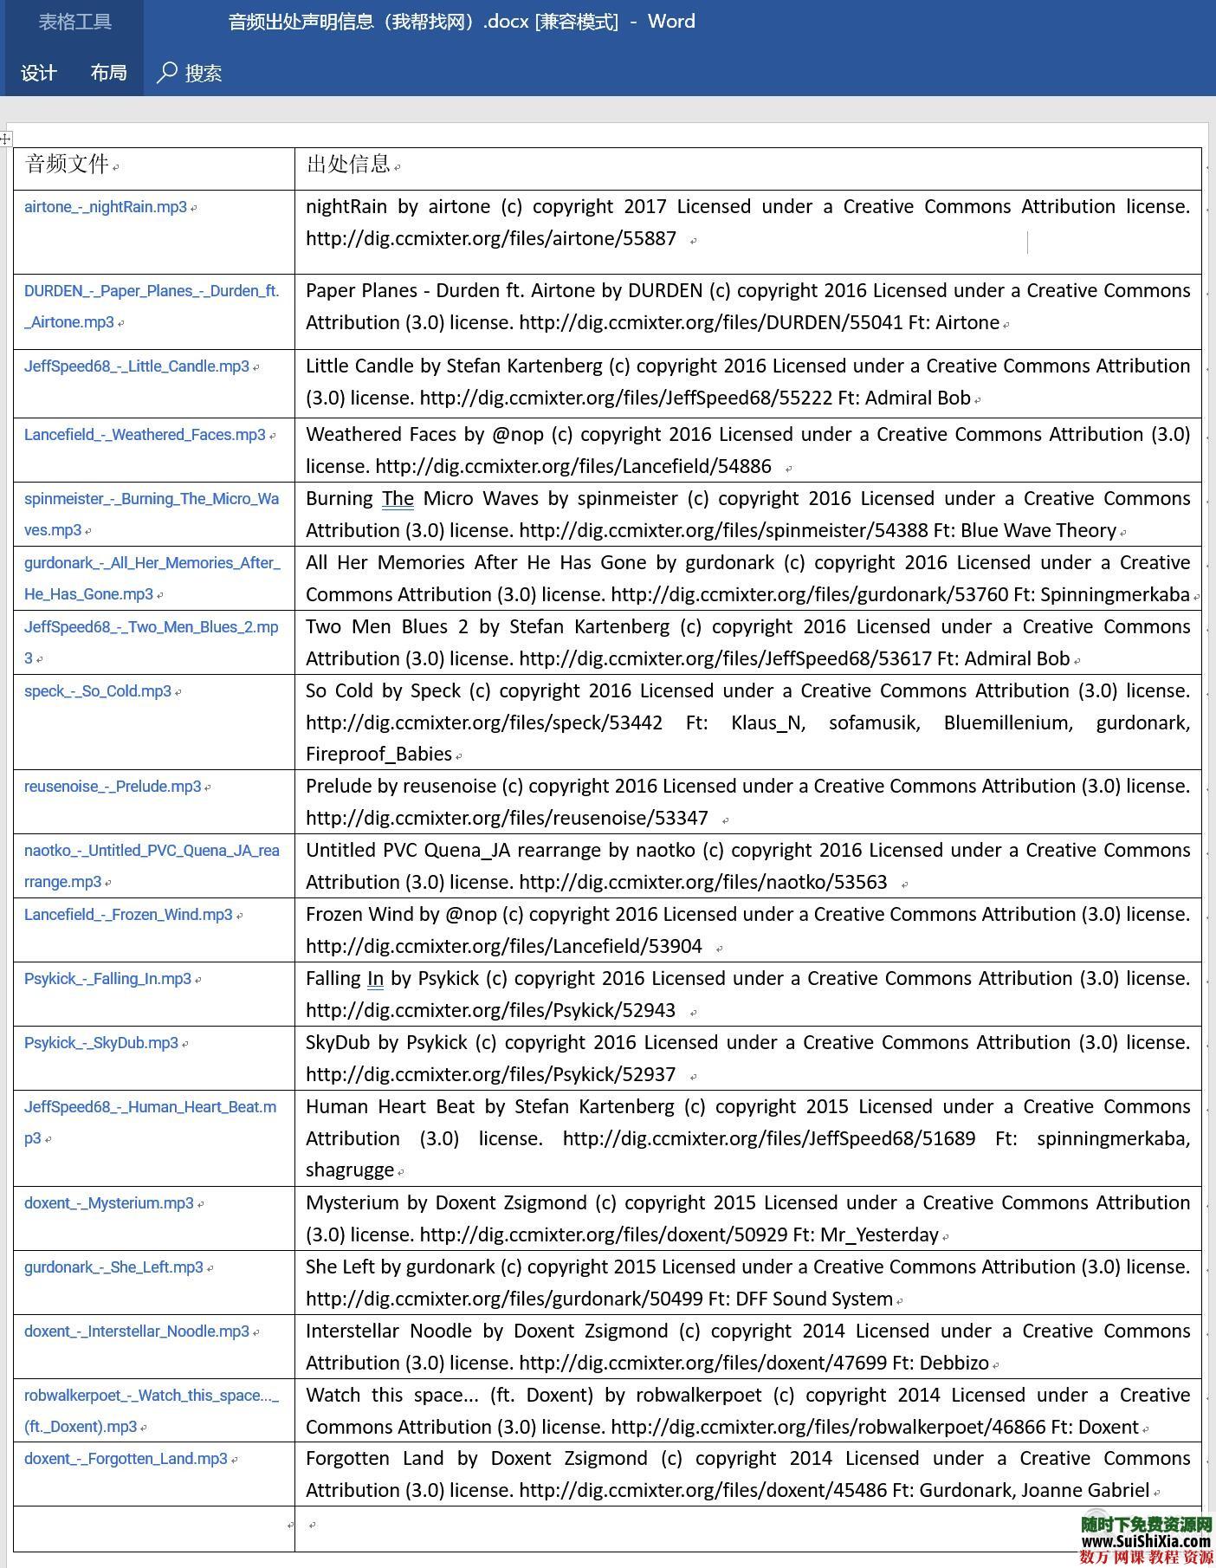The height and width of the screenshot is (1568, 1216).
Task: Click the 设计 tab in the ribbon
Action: point(39,73)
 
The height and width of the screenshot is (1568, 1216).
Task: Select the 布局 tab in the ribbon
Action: point(109,73)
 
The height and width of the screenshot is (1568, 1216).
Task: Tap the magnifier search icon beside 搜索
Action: point(166,73)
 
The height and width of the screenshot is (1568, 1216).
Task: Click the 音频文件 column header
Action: point(68,164)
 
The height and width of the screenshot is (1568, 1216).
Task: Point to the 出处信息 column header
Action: point(348,164)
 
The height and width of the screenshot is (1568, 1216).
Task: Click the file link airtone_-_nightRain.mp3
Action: point(106,207)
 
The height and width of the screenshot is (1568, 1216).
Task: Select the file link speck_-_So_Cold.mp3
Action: point(98,691)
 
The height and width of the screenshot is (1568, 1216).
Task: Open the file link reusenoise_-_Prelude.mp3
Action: point(113,787)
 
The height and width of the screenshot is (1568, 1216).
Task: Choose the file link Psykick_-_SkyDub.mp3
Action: point(101,1043)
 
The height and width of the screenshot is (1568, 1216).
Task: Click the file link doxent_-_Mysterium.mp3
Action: point(109,1203)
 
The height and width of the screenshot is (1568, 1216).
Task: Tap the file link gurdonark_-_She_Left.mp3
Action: point(113,1267)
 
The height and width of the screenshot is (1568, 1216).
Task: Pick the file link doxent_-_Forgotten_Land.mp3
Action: point(126,1459)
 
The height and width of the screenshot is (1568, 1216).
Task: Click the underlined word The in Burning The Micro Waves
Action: point(398,499)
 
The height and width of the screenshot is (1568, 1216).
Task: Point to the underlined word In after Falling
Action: point(375,979)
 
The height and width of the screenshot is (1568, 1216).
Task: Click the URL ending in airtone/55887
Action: point(490,239)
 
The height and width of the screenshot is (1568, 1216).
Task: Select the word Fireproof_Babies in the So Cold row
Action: point(378,755)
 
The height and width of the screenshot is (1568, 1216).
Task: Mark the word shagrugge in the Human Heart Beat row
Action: point(350,1170)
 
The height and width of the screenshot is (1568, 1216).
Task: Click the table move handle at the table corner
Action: point(6,139)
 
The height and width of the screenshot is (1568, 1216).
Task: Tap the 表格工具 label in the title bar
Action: point(74,22)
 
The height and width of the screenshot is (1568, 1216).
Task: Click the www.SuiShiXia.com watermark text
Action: point(1145,1541)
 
